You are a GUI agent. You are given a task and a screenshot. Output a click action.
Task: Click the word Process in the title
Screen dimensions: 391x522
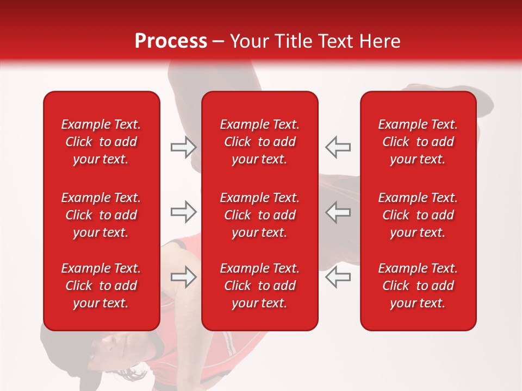[x=171, y=41]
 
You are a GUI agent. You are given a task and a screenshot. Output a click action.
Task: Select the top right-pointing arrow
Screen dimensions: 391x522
[x=183, y=147]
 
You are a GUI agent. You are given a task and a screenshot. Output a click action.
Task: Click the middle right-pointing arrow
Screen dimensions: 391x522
[x=183, y=212]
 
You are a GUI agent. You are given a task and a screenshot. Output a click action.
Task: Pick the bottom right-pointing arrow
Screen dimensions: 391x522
[x=183, y=277]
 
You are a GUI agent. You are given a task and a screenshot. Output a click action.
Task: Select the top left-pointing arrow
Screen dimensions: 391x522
[x=338, y=147]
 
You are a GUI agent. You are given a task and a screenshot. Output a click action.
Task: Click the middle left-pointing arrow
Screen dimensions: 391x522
[x=338, y=212]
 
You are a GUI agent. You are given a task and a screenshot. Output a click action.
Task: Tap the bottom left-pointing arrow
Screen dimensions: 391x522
[x=338, y=277]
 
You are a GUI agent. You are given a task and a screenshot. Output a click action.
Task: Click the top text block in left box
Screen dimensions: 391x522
[x=101, y=142]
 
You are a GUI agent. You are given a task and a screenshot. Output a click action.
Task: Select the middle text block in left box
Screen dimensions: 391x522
[x=101, y=215]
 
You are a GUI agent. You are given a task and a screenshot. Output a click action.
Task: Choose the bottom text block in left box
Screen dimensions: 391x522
[x=101, y=286]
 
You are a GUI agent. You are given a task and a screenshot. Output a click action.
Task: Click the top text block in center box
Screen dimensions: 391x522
[x=260, y=142]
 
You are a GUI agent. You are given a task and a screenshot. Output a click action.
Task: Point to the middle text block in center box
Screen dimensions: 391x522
[x=260, y=215]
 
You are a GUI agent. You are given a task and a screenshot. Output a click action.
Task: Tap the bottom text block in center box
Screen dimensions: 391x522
[x=260, y=286]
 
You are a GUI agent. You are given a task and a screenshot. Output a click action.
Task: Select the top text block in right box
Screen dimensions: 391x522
[x=418, y=142]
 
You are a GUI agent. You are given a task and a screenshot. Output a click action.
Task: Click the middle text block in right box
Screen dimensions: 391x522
[x=418, y=215]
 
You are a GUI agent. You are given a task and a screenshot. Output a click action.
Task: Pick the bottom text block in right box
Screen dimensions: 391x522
[x=418, y=286]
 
